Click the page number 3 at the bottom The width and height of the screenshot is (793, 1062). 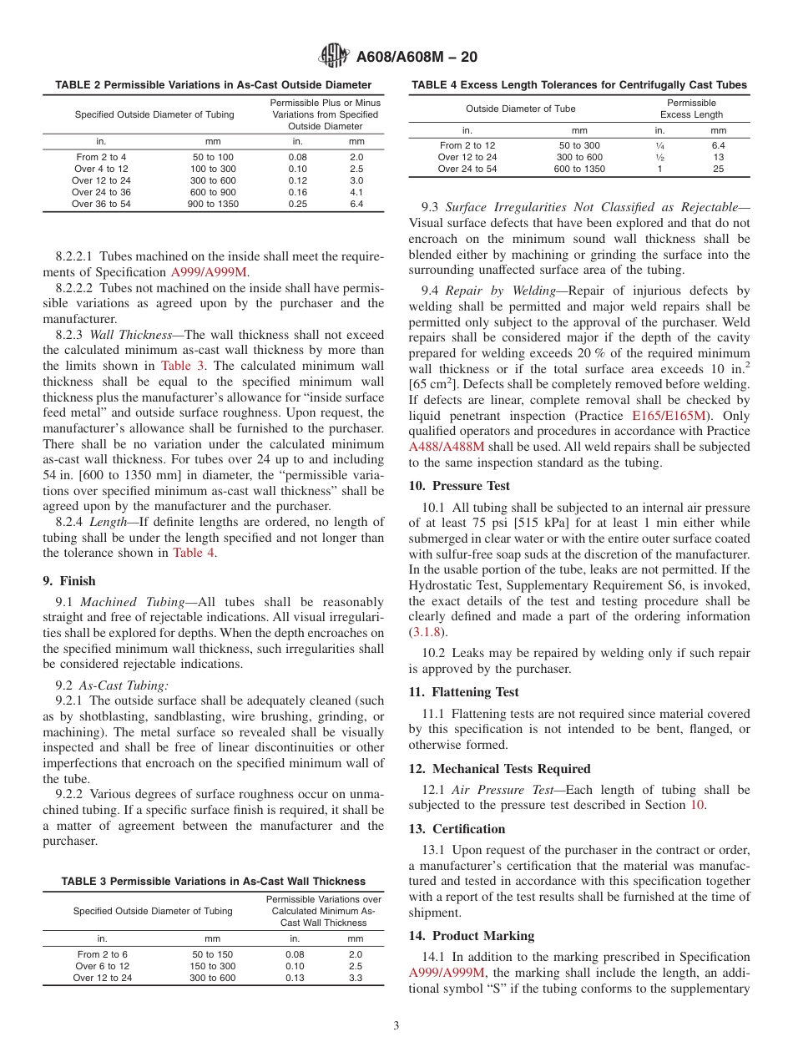(396, 1026)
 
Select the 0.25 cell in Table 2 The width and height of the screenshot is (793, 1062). (297, 204)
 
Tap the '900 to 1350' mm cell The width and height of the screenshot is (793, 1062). (213, 204)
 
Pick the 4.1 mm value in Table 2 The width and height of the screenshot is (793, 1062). (356, 192)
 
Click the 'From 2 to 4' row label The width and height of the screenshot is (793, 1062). (101, 157)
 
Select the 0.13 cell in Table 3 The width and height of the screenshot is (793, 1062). (295, 978)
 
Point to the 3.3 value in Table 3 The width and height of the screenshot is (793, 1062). (356, 978)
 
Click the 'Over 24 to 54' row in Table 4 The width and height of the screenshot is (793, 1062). (467, 169)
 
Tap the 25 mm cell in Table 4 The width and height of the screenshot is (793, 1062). (718, 169)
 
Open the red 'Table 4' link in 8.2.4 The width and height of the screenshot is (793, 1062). (193, 553)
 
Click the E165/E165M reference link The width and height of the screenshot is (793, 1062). (669, 415)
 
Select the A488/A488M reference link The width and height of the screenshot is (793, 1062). (446, 447)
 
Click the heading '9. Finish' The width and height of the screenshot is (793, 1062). (69, 581)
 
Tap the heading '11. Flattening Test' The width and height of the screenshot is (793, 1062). (463, 692)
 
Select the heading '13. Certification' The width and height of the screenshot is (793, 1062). (457, 829)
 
